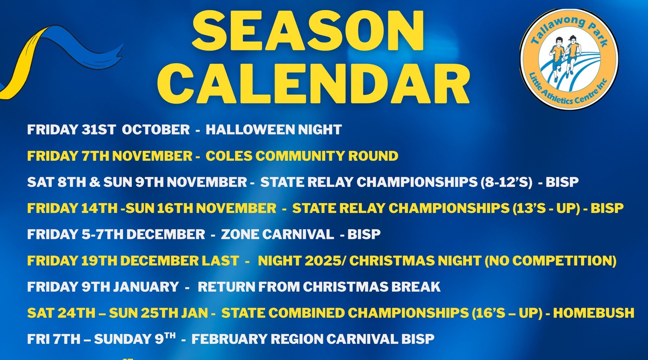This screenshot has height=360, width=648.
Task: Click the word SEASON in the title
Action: coord(308,31)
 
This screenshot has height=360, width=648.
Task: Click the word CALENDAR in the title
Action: coord(313,83)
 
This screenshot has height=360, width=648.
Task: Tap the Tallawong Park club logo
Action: coord(569,59)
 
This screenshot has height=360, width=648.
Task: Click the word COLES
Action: coord(229,156)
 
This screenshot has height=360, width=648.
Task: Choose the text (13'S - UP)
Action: coord(546,208)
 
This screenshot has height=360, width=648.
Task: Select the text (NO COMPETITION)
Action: coord(550,261)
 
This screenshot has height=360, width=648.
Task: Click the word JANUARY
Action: coord(146,287)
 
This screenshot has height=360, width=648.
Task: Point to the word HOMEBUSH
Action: coord(594,313)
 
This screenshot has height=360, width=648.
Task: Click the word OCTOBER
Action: coord(156,130)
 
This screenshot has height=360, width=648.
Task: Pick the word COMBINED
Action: coord(307,313)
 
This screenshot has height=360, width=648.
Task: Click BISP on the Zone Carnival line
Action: coord(364,234)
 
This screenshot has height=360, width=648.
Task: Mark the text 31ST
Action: coord(99,130)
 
